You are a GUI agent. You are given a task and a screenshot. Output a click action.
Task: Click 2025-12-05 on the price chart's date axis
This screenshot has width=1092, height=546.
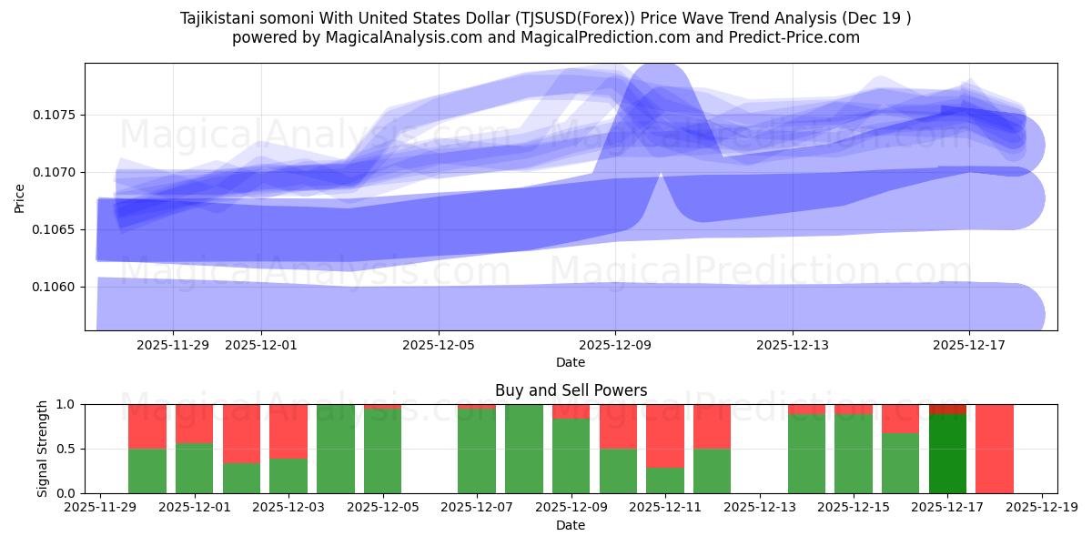tap(439, 345)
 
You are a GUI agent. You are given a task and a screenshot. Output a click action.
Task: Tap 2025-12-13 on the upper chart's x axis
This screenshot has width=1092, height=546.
tap(793, 345)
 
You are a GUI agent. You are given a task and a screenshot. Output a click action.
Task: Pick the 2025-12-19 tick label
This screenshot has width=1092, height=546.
tap(1042, 508)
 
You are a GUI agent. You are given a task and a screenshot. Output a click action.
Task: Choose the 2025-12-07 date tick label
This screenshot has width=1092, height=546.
tap(477, 508)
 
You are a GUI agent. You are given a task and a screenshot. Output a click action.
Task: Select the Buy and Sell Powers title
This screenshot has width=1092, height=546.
tap(571, 390)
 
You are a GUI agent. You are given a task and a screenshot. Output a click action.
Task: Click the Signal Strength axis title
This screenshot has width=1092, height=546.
tap(43, 449)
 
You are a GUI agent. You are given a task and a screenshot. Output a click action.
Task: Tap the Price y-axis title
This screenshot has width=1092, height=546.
tap(20, 197)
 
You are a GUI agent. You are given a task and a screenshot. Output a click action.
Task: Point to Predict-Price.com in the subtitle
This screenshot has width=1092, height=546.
tap(789, 37)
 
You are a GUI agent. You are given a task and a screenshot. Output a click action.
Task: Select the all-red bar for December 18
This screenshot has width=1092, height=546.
tap(995, 449)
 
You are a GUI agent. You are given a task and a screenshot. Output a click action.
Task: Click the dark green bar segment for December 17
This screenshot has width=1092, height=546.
tap(947, 453)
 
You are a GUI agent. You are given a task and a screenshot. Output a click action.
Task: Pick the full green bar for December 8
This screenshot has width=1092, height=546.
tap(524, 449)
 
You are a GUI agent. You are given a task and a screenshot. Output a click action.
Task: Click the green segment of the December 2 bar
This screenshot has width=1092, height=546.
tap(241, 478)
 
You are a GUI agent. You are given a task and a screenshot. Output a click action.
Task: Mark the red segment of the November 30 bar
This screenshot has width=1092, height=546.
tap(147, 427)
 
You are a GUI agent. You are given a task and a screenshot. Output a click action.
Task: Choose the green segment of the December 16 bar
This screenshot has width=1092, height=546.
tap(900, 463)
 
